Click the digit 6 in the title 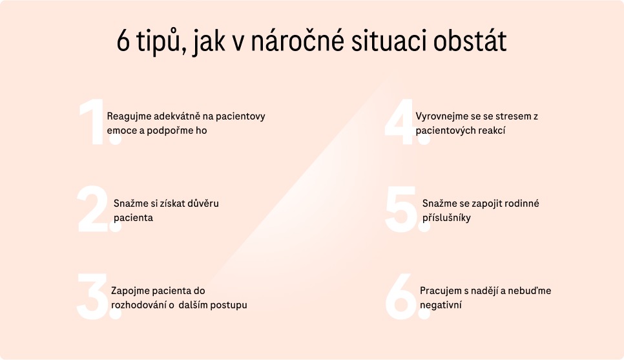tap(123, 41)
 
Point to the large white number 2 tap(96, 209)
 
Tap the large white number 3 tap(96, 296)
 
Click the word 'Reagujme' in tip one tap(129, 117)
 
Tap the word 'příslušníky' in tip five tap(446, 218)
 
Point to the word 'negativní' tap(441, 305)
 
